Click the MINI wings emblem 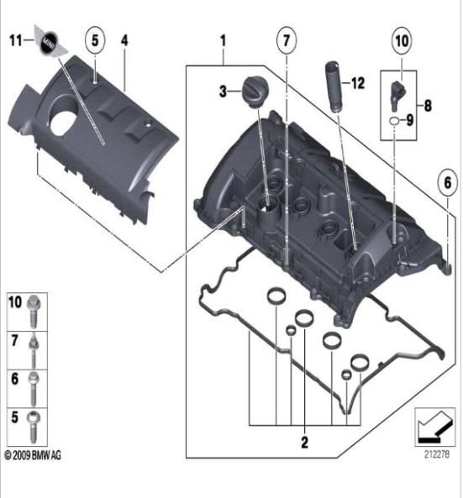(x=50, y=41)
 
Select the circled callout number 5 (x=95, y=40)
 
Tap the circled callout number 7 (x=287, y=40)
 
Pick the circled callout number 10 (x=402, y=40)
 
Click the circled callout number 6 (x=447, y=182)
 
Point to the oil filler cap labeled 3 (x=255, y=92)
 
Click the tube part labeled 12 (x=333, y=86)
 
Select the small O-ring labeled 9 (x=394, y=120)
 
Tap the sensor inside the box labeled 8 (x=397, y=95)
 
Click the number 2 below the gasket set (x=304, y=442)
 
